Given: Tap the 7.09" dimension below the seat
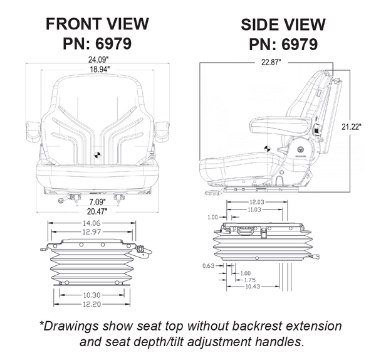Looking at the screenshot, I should click(95, 202).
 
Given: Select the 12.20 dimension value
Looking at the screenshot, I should click(91, 304).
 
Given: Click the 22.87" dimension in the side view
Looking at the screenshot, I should click(263, 62).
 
